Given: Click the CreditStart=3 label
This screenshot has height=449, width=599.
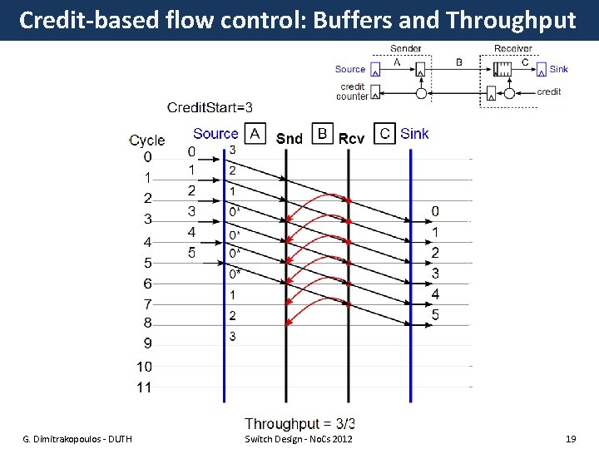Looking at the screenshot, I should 210,107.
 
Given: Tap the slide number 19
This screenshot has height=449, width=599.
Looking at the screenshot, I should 571,438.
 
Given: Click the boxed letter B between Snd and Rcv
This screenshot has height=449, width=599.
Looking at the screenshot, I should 322,133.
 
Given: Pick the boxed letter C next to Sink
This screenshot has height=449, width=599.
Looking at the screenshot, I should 384,133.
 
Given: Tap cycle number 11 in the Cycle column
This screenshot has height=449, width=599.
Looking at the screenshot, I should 145,387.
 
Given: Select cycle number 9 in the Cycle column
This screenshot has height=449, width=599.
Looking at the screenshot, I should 147,343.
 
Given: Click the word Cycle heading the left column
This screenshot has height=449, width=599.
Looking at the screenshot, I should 147,140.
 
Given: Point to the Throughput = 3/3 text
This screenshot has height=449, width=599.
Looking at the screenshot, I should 300,424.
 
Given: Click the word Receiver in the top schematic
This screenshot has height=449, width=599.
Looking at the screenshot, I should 513,49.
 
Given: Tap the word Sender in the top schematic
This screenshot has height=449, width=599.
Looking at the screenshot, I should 405,49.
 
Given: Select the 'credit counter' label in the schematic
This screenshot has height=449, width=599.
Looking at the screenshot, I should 352,91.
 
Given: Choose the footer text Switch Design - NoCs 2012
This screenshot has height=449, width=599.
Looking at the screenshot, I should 299,438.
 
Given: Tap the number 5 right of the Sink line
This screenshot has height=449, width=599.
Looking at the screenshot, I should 435,314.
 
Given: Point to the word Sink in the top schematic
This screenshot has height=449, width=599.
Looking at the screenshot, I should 559,69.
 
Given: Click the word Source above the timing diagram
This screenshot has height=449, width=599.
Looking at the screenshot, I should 215,133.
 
